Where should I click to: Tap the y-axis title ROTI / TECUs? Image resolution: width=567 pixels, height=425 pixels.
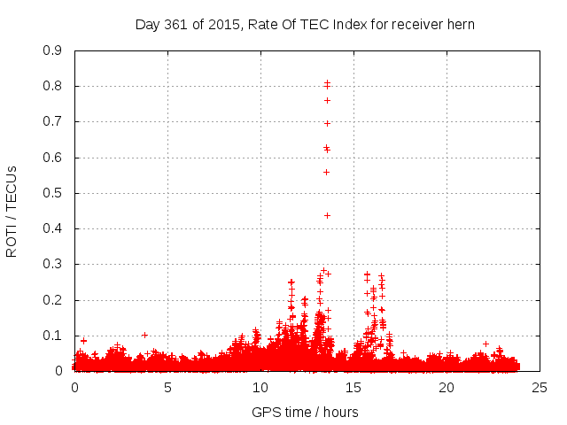(x=12, y=211)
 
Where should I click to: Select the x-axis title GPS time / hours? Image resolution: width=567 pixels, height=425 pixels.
(x=305, y=412)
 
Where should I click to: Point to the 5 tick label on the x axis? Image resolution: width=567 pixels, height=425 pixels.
(x=167, y=388)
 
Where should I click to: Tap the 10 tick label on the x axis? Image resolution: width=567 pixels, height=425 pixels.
(x=260, y=388)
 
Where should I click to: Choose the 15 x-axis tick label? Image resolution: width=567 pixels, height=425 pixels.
(x=353, y=388)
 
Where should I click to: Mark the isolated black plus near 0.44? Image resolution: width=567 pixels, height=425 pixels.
(x=327, y=215)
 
